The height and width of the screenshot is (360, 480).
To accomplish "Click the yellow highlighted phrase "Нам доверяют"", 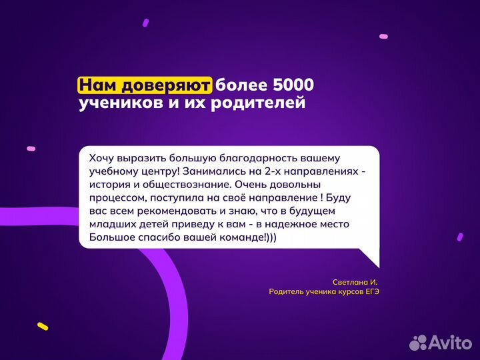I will point(145,85).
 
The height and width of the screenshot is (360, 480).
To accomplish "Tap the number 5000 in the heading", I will point(293,85).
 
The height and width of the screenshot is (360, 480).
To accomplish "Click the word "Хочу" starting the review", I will point(102,158).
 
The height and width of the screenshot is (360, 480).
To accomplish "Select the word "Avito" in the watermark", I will point(450,342).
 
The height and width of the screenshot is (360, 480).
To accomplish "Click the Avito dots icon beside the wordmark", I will point(418,342).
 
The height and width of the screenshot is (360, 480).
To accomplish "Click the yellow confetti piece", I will point(43,326).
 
